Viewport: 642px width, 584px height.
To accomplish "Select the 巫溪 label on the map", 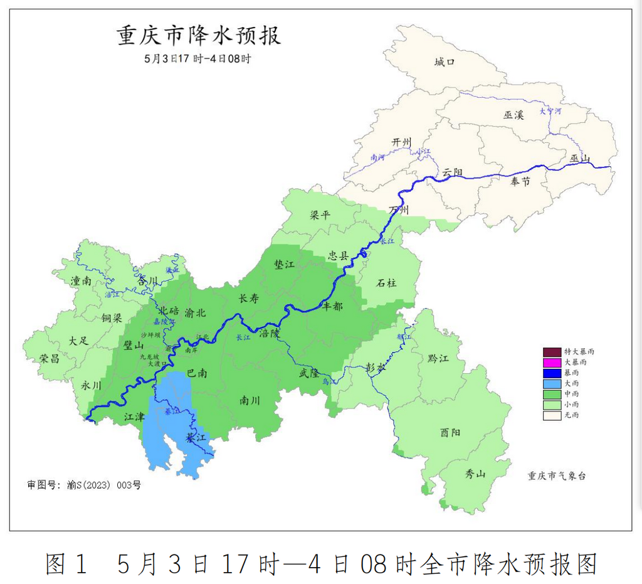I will point(513,114).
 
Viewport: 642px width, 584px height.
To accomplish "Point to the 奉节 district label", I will point(520,181).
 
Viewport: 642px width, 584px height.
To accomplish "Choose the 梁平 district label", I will point(320,215).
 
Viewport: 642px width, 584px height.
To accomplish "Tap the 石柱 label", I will point(386,283).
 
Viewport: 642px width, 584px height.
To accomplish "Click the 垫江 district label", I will point(285,265).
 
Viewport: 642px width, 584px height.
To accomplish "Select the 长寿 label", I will point(248,299).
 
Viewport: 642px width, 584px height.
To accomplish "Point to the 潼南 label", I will point(81,281).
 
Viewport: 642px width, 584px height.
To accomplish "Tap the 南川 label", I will point(250,400).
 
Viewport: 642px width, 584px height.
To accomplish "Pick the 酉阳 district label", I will point(450,432).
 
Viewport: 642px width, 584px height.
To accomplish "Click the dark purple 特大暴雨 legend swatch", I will point(552,352).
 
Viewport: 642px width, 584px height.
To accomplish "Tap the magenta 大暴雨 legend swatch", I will point(552,363).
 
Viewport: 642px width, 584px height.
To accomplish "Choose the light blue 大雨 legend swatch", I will point(552,384).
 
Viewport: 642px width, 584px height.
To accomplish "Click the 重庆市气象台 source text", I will point(557,476).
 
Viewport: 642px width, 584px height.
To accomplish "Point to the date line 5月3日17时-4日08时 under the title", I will point(197,59).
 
